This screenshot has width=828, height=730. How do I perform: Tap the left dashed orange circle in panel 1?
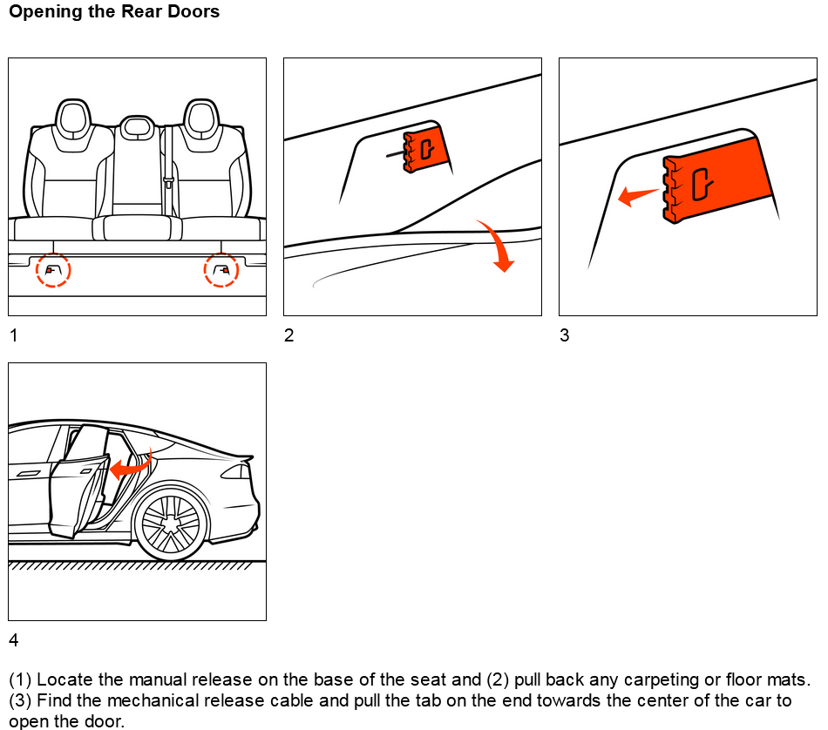click(x=52, y=271)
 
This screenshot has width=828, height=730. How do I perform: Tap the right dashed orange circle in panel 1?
click(x=221, y=271)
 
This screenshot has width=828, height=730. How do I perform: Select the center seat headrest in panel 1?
click(x=134, y=128)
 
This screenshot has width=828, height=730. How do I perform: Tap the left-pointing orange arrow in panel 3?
click(x=636, y=195)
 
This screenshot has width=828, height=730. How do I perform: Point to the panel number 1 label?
click(x=13, y=335)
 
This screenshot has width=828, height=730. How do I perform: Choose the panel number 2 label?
click(x=288, y=335)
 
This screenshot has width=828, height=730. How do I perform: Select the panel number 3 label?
click(x=564, y=335)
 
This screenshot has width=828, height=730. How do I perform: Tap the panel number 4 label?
click(x=13, y=640)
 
